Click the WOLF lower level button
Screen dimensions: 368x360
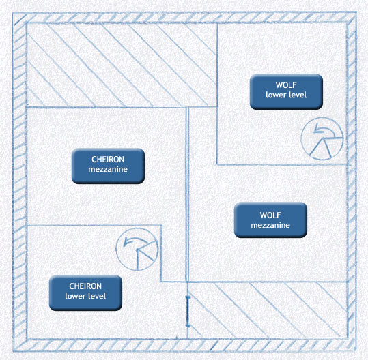(x=286, y=91)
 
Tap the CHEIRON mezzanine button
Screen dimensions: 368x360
(x=108, y=166)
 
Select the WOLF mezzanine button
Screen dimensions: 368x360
(x=270, y=220)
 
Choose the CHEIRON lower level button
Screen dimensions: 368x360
(x=85, y=292)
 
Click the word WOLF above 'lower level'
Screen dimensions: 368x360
(x=286, y=85)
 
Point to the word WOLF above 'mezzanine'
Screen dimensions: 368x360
(x=270, y=215)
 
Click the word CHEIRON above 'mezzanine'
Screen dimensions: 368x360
(x=108, y=160)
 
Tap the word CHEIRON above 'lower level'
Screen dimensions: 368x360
(x=85, y=286)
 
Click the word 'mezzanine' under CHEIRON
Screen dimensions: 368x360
(x=108, y=170)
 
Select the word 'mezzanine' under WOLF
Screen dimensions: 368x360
(x=270, y=226)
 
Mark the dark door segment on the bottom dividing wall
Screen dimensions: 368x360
(x=187, y=311)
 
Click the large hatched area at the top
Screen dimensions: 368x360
(x=122, y=65)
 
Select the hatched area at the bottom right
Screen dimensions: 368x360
(x=268, y=310)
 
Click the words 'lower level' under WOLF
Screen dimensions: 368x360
(x=286, y=95)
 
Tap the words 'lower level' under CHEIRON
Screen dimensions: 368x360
(x=85, y=296)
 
